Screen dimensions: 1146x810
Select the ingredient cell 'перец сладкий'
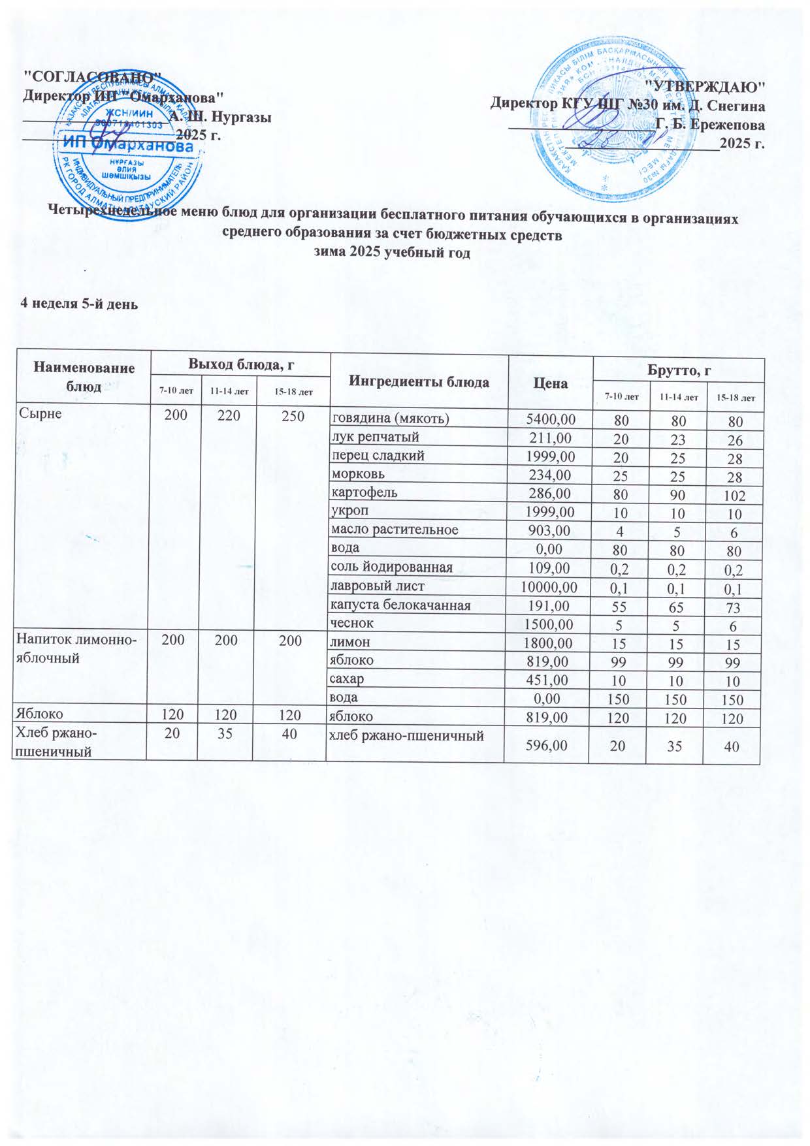click(378, 455)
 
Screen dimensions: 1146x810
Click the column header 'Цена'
click(550, 383)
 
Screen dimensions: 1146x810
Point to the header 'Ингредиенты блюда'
click(419, 383)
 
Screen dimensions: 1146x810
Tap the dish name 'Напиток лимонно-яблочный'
click(76, 649)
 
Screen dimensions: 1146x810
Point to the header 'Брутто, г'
click(679, 370)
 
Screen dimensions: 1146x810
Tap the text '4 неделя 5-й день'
click(79, 304)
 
